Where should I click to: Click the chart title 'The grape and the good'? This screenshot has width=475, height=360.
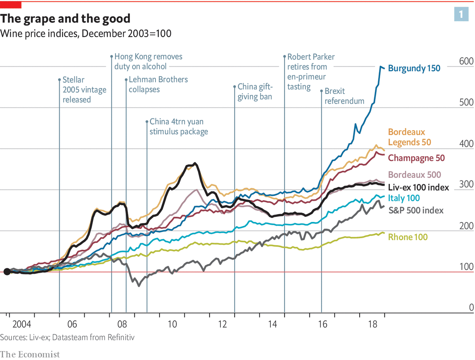[65, 19]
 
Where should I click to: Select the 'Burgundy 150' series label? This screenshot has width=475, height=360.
[414, 68]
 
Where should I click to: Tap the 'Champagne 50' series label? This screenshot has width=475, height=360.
[416, 158]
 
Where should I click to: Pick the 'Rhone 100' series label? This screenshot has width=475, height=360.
[407, 237]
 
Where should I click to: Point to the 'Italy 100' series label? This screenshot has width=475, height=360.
[404, 198]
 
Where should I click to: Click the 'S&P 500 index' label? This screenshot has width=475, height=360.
[416, 210]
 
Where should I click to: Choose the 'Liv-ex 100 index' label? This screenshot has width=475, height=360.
[418, 187]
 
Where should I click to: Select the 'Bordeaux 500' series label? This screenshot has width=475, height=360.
[415, 175]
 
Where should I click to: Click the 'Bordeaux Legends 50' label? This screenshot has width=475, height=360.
[409, 137]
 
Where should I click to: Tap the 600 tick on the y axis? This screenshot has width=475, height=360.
[466, 61]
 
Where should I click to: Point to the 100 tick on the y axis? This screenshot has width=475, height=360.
[466, 266]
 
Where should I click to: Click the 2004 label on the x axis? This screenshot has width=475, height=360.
[22, 324]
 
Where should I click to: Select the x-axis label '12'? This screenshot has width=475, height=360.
[222, 324]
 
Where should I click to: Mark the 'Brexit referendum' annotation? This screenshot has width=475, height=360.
[344, 96]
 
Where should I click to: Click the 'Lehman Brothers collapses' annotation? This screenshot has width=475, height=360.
[158, 85]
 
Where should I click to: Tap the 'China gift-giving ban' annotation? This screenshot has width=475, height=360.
[255, 92]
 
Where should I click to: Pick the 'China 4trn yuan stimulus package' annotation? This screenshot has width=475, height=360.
[178, 127]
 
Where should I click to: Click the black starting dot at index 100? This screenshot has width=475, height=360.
[7, 272]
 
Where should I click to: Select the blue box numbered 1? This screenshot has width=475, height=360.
[461, 14]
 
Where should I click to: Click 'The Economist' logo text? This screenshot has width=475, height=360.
[30, 354]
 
